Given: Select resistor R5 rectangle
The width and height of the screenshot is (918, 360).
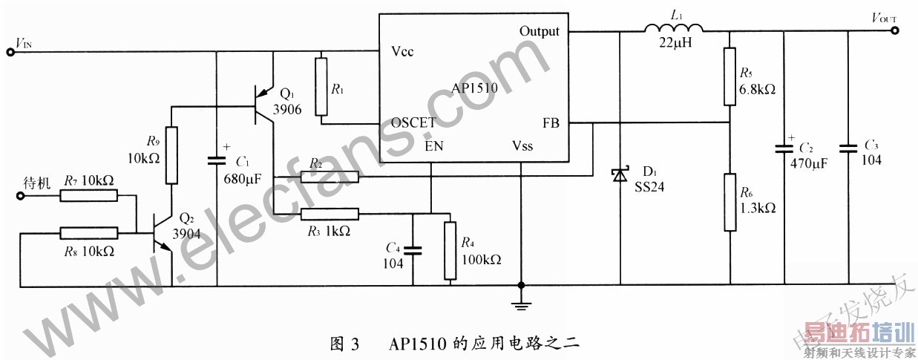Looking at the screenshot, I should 730,76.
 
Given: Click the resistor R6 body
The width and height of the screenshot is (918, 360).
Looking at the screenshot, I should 730,203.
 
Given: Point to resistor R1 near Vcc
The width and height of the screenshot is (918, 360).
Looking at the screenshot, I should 321,86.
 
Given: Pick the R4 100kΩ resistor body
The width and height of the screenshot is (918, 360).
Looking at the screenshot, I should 449,250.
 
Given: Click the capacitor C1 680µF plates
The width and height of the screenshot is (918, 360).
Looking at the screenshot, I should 217,159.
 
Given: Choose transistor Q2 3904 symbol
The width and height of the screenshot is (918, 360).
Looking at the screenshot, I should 163,232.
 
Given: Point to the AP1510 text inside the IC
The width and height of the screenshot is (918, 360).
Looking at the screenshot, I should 475,88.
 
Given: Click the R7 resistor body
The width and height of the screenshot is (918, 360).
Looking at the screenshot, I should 89,195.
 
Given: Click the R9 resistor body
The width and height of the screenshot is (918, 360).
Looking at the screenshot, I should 171,155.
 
